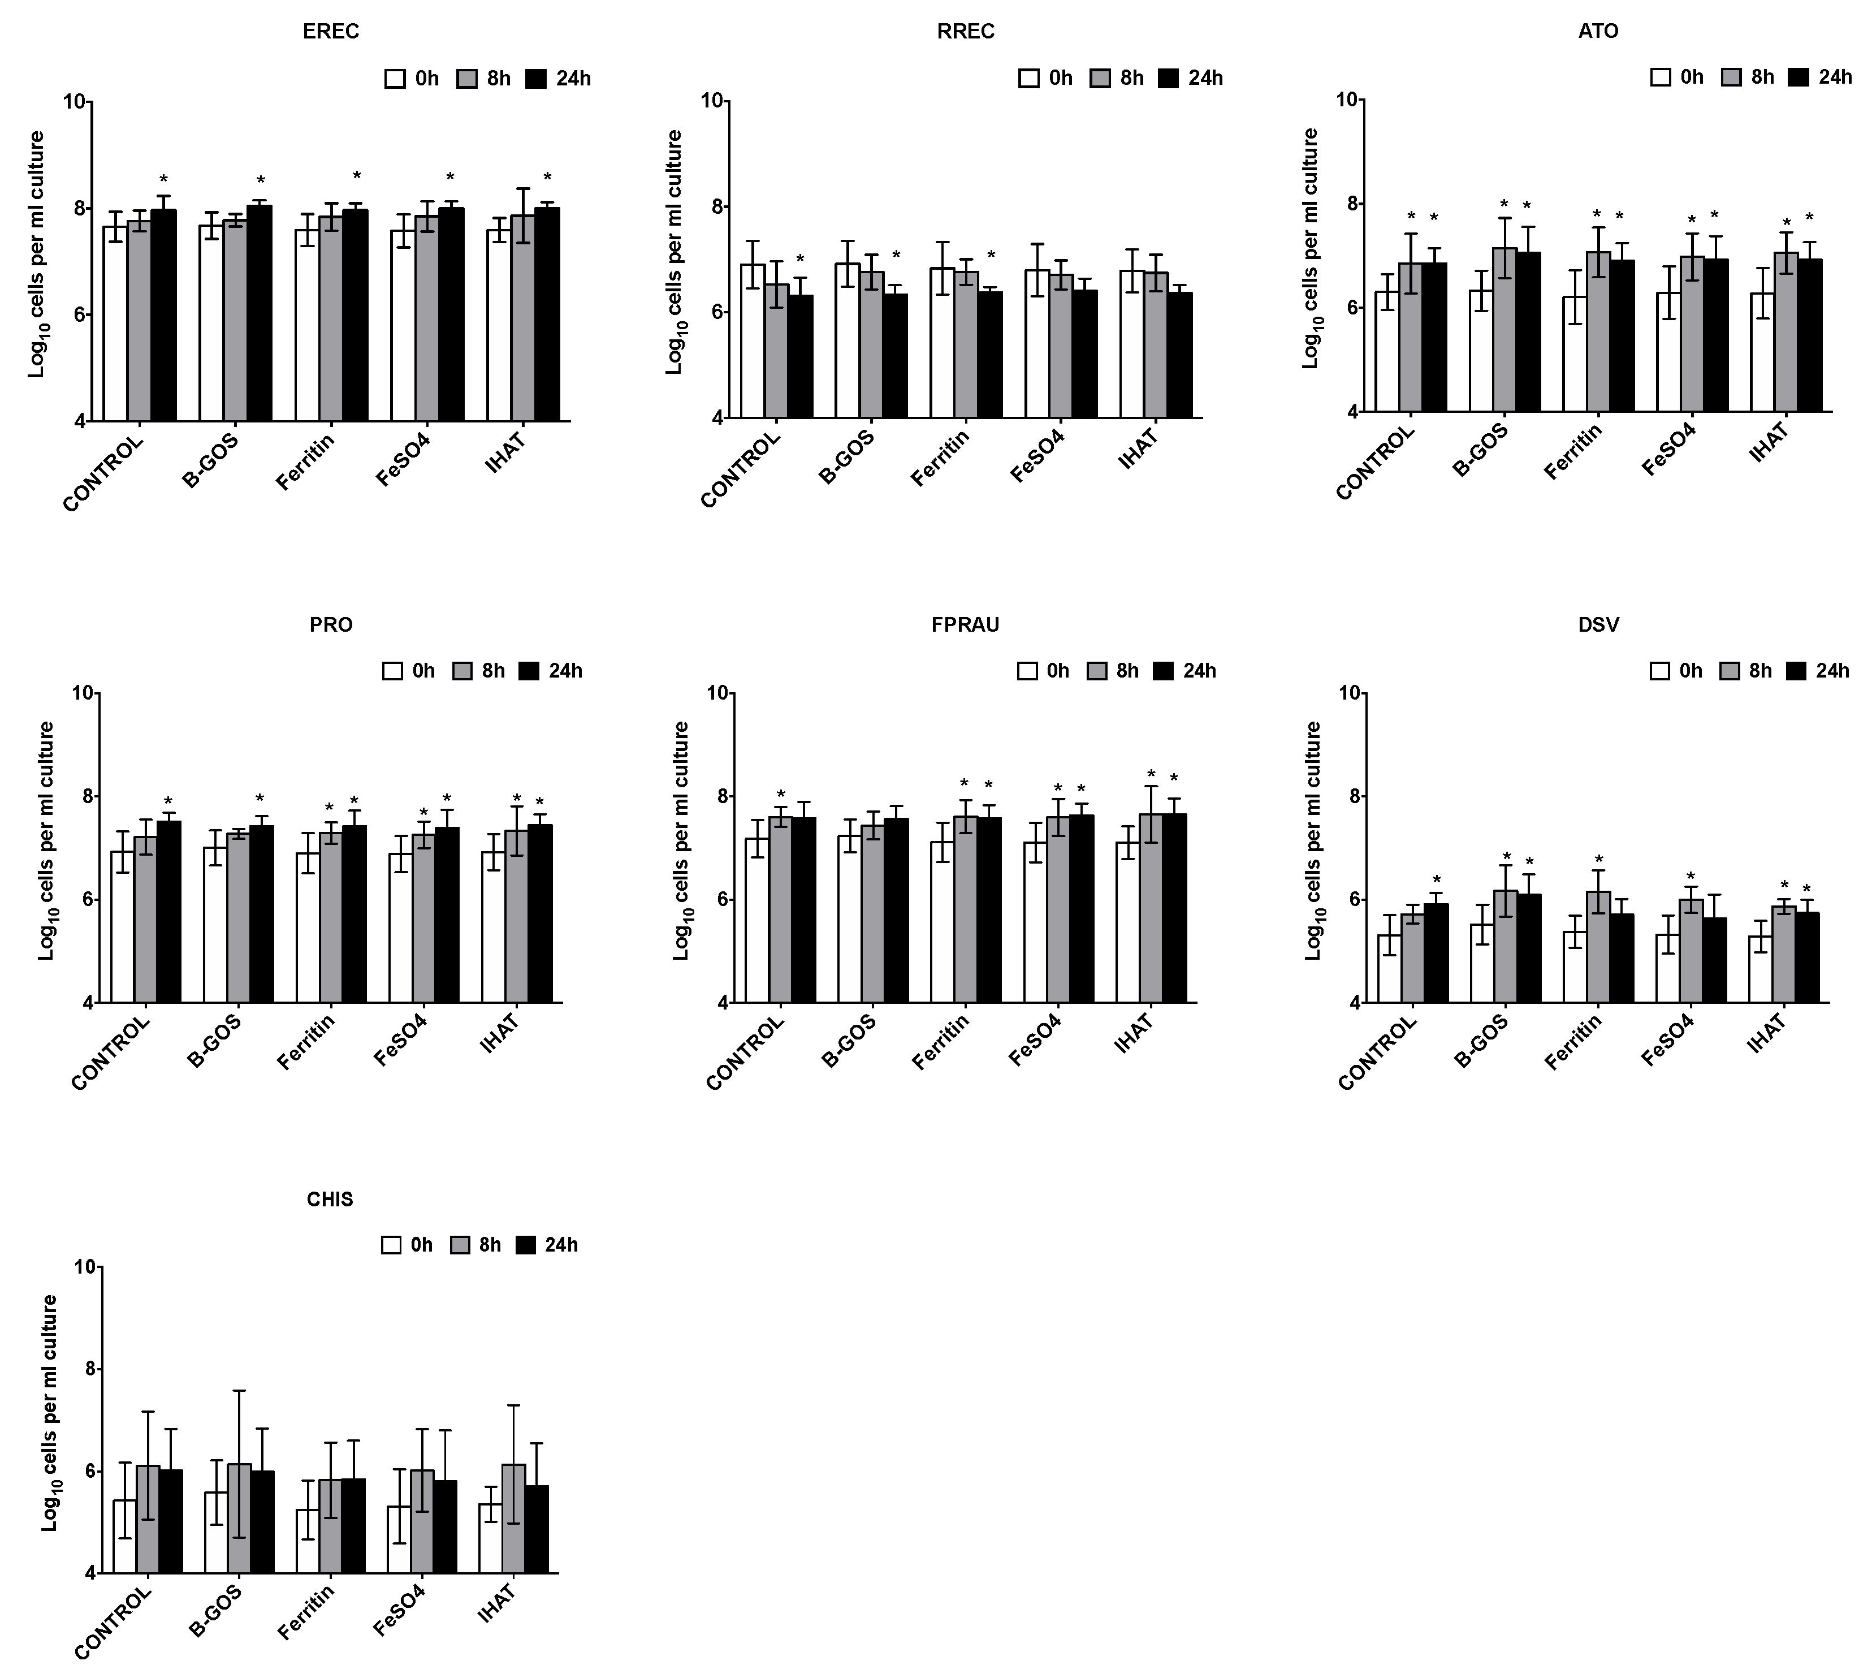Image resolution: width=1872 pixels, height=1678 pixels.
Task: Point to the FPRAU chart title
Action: (x=965, y=625)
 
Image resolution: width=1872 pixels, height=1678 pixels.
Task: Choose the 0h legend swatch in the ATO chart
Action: (x=1661, y=77)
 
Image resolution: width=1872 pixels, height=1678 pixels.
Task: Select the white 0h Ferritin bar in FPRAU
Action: (x=942, y=921)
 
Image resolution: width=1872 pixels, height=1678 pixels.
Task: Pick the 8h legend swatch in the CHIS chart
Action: (x=461, y=1245)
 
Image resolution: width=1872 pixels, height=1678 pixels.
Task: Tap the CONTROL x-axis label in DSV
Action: (x=1377, y=1056)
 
